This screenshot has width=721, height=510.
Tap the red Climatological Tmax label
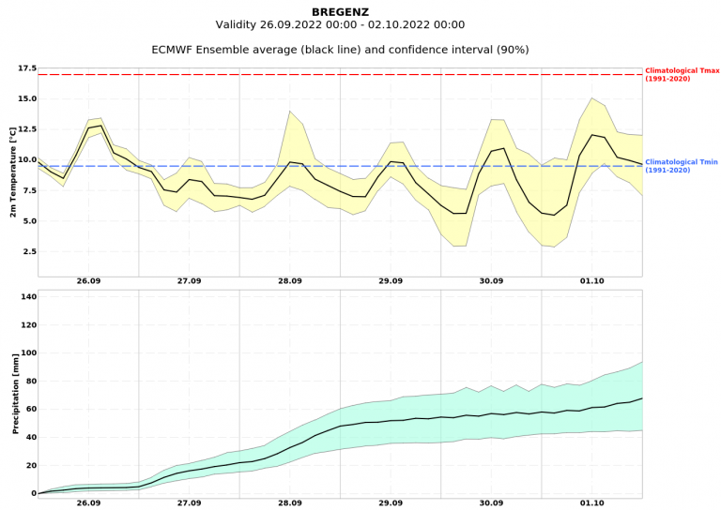tap(682, 74)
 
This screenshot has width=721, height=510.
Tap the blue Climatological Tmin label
tap(682, 166)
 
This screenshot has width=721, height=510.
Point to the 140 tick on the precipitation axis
tap(25, 297)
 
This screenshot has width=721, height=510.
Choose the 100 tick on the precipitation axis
tap(25, 353)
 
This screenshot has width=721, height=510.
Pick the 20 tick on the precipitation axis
tap(28, 465)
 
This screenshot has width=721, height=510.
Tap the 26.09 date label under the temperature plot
tap(88, 281)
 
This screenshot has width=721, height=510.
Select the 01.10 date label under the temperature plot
tap(592, 281)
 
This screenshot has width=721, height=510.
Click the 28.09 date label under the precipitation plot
tap(290, 503)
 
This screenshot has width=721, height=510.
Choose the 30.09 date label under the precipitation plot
tap(492, 503)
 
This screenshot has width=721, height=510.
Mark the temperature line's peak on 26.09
tap(100, 125)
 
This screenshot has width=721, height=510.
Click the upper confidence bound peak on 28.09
tap(290, 111)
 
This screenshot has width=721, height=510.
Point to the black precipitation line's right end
tap(642, 397)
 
